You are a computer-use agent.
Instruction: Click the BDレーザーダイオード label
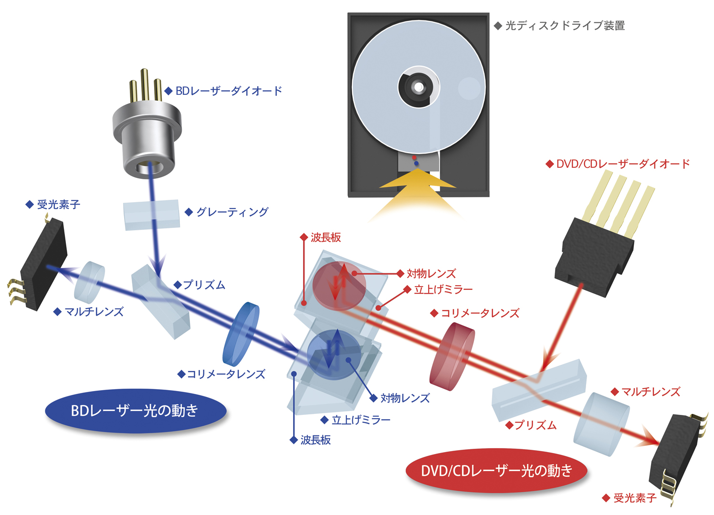pos(228,91)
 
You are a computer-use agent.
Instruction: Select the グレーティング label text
pos(232,212)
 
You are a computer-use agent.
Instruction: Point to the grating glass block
pos(151,215)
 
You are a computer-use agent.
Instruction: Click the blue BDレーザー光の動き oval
pos(135,411)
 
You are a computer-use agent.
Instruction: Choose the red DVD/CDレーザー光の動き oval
pos(496,471)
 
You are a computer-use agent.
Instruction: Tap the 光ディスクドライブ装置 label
pos(565,26)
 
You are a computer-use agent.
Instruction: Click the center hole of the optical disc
pos(419,87)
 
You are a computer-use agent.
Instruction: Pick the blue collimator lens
pos(241,333)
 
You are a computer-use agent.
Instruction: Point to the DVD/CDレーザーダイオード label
pos(623,164)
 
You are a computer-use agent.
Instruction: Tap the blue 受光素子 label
pos(58,205)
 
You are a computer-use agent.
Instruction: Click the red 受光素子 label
pos(634,498)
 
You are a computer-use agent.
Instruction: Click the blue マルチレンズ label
pos(94,312)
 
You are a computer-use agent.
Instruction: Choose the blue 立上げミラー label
pos(360,420)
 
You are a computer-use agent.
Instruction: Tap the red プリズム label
pos(535,425)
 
